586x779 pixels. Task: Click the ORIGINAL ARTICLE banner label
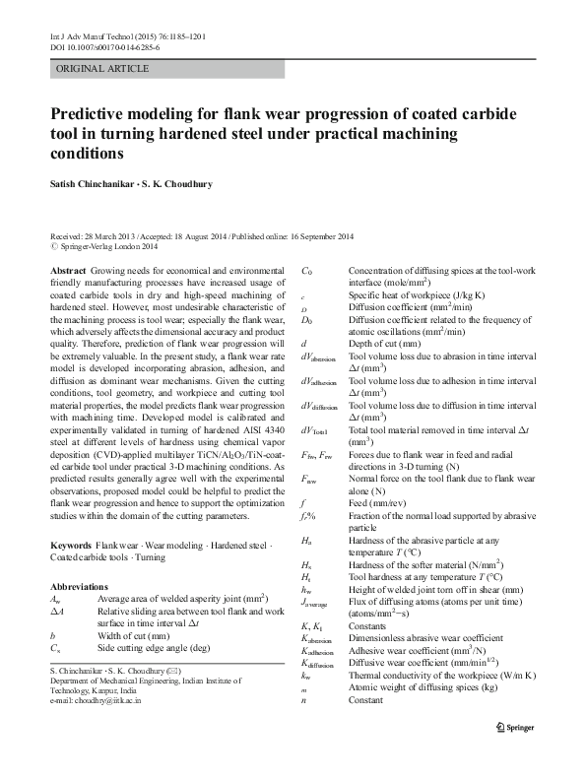pos(103,68)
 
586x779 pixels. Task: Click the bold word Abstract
pos(67,269)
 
